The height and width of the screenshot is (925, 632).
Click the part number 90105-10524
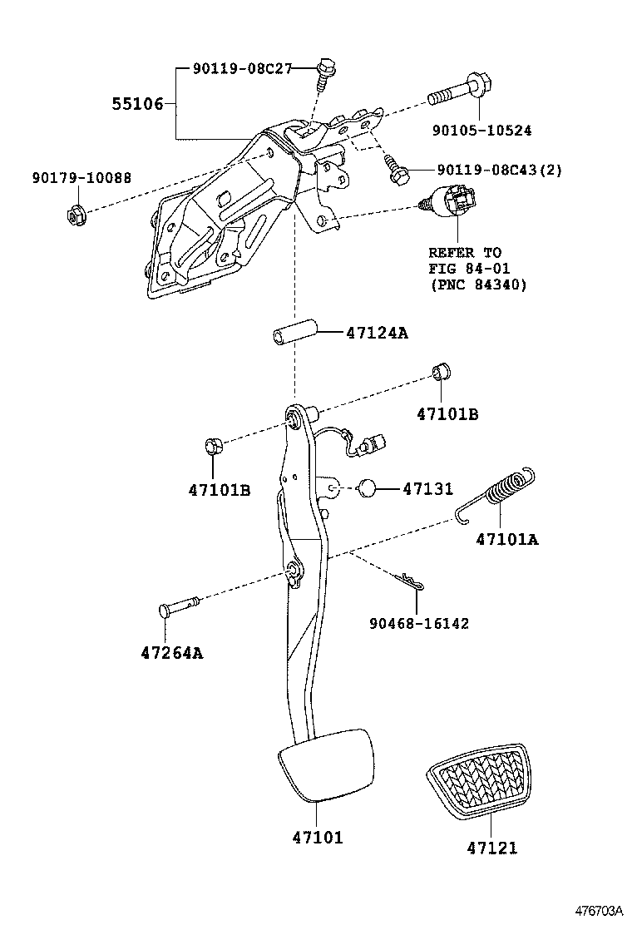482,131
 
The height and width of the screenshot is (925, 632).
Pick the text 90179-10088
81,178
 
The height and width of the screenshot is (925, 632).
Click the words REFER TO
466,253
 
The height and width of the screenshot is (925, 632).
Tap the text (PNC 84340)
478,284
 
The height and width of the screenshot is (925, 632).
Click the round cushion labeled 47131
369,488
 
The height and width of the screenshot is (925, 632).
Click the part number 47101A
507,540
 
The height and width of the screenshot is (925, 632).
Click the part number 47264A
172,653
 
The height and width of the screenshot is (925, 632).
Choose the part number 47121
491,848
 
